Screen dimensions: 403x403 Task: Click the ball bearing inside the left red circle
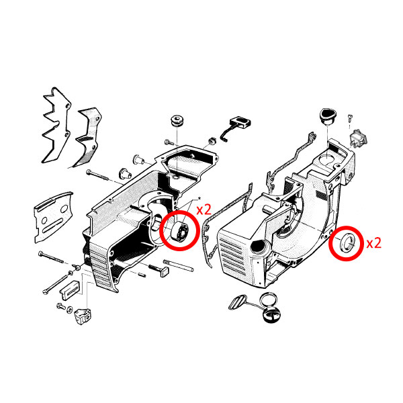(x=180, y=232)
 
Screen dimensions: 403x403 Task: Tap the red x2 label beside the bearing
(x=204, y=210)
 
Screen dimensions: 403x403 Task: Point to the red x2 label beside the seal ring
(x=373, y=243)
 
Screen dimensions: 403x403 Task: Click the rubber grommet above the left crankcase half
(x=177, y=121)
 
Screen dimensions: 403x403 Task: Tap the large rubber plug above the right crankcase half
(x=328, y=116)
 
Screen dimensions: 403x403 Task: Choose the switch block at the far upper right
(x=358, y=139)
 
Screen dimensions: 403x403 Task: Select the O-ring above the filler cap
(x=268, y=300)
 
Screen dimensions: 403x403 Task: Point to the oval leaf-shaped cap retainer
(x=238, y=303)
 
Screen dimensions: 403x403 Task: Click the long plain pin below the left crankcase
(x=178, y=265)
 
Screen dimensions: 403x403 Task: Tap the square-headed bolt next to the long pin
(x=159, y=269)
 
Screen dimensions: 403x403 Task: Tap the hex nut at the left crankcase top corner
(x=212, y=140)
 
